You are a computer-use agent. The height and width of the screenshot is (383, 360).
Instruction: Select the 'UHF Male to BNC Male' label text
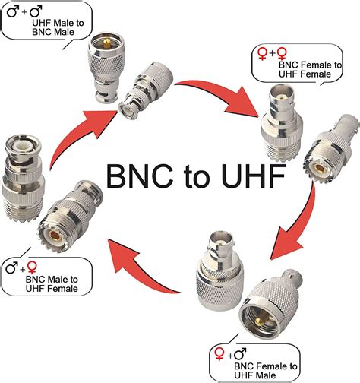click(x=54, y=30)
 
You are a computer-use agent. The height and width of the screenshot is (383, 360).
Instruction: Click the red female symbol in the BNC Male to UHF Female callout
click(x=31, y=267)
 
